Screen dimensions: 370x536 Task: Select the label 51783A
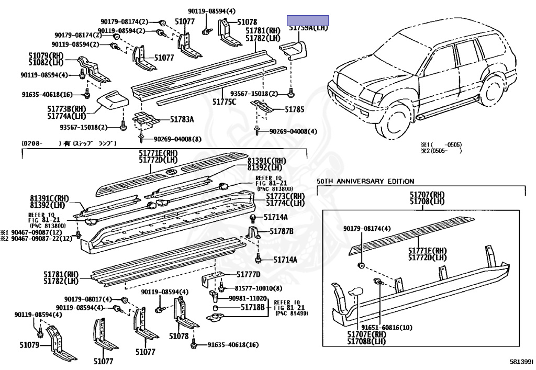[182, 119]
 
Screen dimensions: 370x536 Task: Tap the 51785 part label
[294, 110]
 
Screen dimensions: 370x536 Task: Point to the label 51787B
[282, 231]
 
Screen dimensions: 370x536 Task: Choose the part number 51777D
[248, 274]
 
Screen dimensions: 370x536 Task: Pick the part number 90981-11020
[248, 298]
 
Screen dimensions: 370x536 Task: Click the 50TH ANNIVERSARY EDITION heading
[365, 181]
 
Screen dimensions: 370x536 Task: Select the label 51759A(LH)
[308, 28]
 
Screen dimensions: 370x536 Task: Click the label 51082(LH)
[46, 62]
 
